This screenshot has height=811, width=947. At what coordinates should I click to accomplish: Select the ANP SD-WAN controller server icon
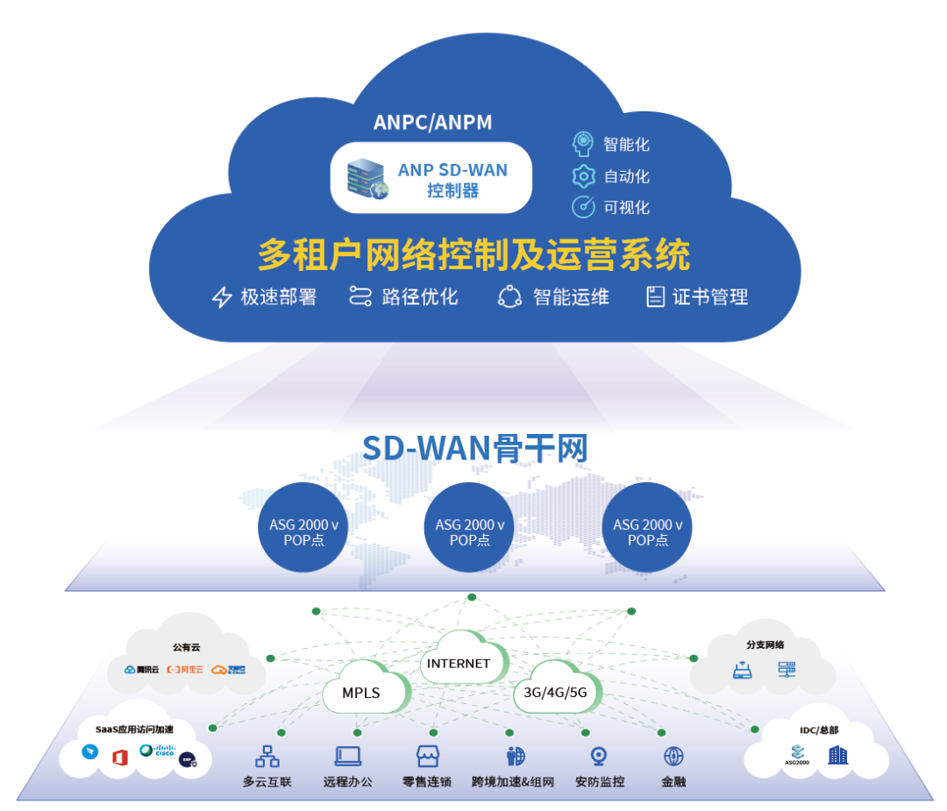pyautogui.click(x=365, y=178)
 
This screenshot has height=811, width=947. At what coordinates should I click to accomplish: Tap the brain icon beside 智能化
pyautogui.click(x=583, y=143)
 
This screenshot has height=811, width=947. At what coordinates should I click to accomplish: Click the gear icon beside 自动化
pyautogui.click(x=583, y=175)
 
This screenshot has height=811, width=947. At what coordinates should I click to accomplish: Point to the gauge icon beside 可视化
pyautogui.click(x=583, y=207)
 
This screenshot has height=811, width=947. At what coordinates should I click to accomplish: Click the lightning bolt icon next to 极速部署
pyautogui.click(x=222, y=297)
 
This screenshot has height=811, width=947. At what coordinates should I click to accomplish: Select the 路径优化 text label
pyautogui.click(x=419, y=296)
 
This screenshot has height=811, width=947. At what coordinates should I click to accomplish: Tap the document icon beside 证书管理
pyautogui.click(x=655, y=296)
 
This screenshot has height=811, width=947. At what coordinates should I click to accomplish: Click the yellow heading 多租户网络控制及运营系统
pyautogui.click(x=473, y=255)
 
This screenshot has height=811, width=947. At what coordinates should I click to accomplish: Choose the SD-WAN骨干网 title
pyautogui.click(x=474, y=448)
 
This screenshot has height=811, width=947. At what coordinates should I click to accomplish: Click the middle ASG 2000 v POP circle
pyautogui.click(x=470, y=528)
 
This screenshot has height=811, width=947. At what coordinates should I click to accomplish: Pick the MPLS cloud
pyautogui.click(x=361, y=692)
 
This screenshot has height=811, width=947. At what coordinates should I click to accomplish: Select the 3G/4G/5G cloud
pyautogui.click(x=555, y=691)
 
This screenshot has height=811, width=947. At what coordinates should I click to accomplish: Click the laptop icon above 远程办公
pyautogui.click(x=348, y=756)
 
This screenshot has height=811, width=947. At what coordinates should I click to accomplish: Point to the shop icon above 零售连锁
pyautogui.click(x=427, y=756)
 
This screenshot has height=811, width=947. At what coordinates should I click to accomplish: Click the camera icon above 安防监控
pyautogui.click(x=600, y=756)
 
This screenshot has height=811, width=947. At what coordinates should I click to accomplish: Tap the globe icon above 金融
pyautogui.click(x=673, y=756)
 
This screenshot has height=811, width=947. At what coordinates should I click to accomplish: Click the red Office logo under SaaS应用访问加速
pyautogui.click(x=120, y=757)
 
